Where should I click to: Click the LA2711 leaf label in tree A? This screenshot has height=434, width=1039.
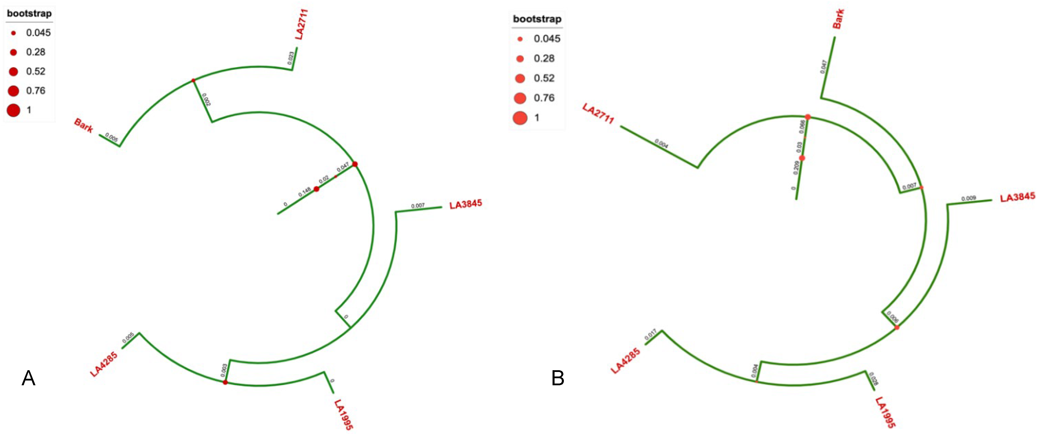point(302,24)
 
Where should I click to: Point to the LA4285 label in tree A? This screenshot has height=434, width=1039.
point(104,364)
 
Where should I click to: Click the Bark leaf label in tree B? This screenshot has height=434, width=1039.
point(838,19)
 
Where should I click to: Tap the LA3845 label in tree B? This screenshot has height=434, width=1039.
point(1017,197)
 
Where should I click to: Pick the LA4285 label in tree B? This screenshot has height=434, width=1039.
point(625,361)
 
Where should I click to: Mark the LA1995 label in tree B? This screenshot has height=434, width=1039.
point(885,412)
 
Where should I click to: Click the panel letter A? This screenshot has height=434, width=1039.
point(28,378)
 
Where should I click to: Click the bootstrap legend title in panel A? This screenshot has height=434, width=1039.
point(29,14)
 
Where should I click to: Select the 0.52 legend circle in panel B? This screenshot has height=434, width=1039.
point(520,78)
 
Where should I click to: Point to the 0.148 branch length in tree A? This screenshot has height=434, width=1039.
point(305,192)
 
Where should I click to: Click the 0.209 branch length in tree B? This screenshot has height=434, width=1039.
point(796,168)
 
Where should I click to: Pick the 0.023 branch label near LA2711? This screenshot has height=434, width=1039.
point(290,58)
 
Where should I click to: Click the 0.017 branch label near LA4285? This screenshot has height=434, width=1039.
point(651,335)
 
